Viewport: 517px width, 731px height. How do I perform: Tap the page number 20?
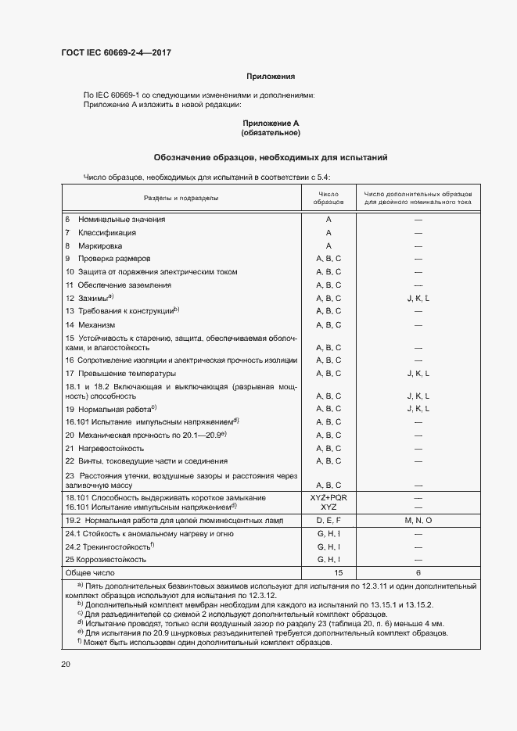click(x=66, y=664)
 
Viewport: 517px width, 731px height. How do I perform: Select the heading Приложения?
click(x=271, y=77)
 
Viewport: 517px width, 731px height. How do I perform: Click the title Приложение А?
click(x=271, y=124)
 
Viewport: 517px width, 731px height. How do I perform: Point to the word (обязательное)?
click(x=271, y=133)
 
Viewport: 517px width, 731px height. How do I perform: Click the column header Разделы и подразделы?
click(x=181, y=198)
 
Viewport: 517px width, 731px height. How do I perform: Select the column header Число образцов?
click(x=329, y=198)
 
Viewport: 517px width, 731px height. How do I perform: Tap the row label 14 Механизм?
click(x=91, y=324)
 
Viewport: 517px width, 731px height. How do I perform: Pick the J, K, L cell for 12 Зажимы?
click(x=418, y=299)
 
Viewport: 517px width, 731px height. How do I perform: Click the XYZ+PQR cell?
click(x=329, y=497)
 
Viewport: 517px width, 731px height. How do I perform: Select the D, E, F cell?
click(x=329, y=520)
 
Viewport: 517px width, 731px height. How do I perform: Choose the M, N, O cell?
click(x=418, y=520)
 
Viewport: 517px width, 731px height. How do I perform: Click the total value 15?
click(x=329, y=572)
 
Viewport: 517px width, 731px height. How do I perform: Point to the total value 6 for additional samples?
click(x=418, y=572)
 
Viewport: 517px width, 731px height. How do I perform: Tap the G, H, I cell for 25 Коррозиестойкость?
click(x=329, y=560)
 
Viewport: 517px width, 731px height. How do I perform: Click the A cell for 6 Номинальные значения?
click(x=329, y=220)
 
